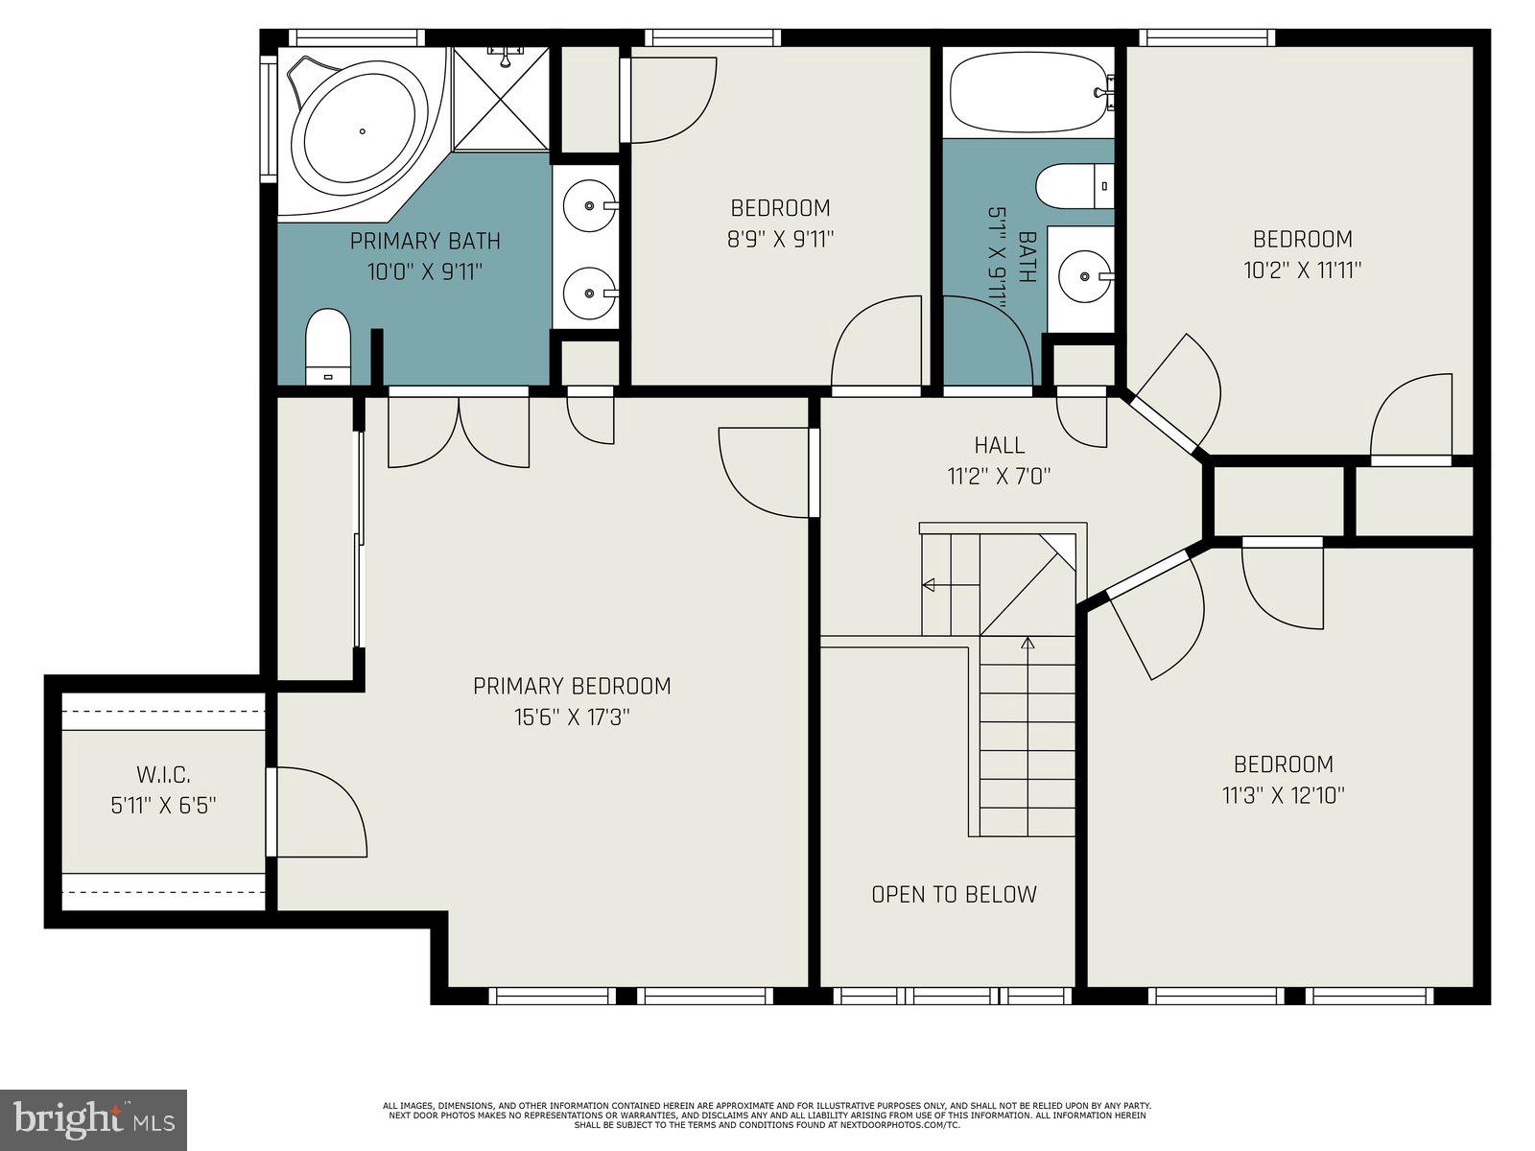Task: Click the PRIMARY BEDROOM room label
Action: [572, 686]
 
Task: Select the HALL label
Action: [999, 445]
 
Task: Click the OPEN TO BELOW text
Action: [954, 894]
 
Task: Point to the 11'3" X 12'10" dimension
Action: [1283, 795]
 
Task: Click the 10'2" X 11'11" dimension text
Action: [1302, 270]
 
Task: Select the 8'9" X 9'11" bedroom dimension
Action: [780, 239]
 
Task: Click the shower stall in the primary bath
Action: [501, 99]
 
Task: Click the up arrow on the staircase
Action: [1027, 643]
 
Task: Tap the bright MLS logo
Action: [93, 1119]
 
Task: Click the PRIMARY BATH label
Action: [424, 241]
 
